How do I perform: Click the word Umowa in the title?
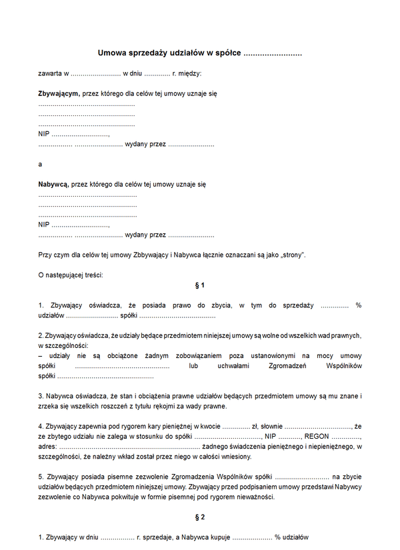coord(111,53)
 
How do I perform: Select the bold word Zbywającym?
coord(59,94)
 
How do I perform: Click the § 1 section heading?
coord(199,285)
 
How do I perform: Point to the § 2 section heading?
coord(199,517)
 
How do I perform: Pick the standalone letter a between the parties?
coord(40,164)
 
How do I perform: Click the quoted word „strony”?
coord(293,255)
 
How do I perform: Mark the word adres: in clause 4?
coord(48,446)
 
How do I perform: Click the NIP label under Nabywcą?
coord(44,225)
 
